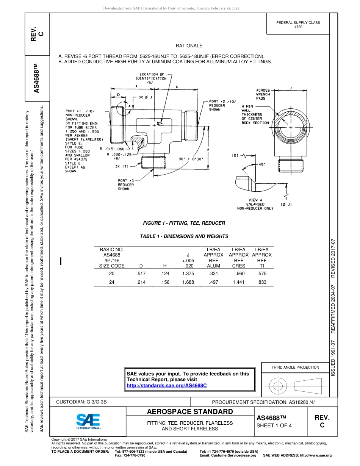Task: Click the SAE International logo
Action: [88, 421]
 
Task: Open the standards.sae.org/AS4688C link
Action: [167, 385]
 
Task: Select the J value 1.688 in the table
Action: [188, 282]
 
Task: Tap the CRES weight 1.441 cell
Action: [239, 282]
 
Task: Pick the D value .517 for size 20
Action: [141, 273]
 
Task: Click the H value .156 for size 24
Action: [165, 282]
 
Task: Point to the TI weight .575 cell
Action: [262, 273]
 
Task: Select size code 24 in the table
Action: [112, 282]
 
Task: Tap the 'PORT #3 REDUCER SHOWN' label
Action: [126, 185]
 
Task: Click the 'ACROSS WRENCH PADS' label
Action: [263, 94]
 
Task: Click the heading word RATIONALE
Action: [189, 46]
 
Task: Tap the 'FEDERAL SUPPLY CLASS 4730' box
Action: [298, 25]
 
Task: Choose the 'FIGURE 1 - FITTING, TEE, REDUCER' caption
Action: [184, 223]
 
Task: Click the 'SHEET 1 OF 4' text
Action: [274, 425]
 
